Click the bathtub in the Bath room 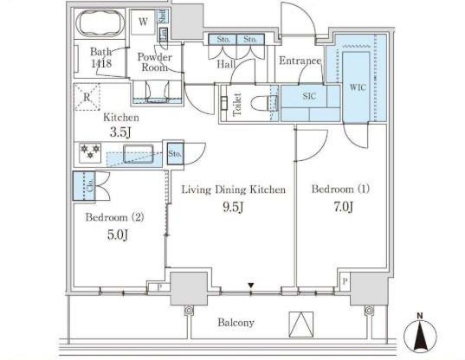tap(100, 23)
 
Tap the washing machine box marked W tap(143, 22)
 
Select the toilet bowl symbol tap(260, 104)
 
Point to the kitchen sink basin tap(139, 153)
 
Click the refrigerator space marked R tap(87, 97)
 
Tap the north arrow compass tap(420, 334)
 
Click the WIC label tap(358, 87)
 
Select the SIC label tap(309, 96)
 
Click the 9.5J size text tap(233, 207)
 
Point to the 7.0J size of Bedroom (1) tap(344, 207)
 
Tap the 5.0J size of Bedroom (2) tap(118, 235)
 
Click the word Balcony tap(236, 323)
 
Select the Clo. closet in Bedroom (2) tap(84, 186)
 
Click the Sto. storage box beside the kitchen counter tap(175, 153)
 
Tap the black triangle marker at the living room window tap(251, 286)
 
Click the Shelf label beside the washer tap(163, 16)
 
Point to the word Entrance tap(300, 61)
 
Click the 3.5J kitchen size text tap(120, 132)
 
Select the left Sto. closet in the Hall tap(223, 40)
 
